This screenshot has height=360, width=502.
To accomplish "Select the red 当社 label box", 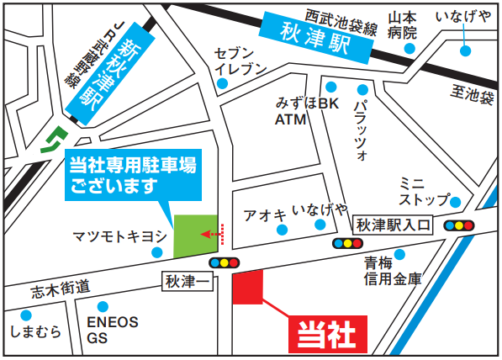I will coord(330,334).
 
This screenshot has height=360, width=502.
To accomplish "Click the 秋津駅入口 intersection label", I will coord(393,225).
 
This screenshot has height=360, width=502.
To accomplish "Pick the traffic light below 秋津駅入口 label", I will coord(347,243).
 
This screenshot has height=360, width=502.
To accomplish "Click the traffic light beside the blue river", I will coord(462,225).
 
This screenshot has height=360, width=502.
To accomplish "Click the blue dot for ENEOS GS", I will coord(103,307).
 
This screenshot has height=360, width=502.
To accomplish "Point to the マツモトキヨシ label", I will coord(119,236).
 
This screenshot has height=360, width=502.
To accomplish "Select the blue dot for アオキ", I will coord(282,229).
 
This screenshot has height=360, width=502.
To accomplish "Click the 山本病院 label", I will coord(403,25).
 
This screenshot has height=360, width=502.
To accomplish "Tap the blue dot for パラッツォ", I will coord(363,90).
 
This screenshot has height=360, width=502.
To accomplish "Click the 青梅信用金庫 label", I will coord(394,272).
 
